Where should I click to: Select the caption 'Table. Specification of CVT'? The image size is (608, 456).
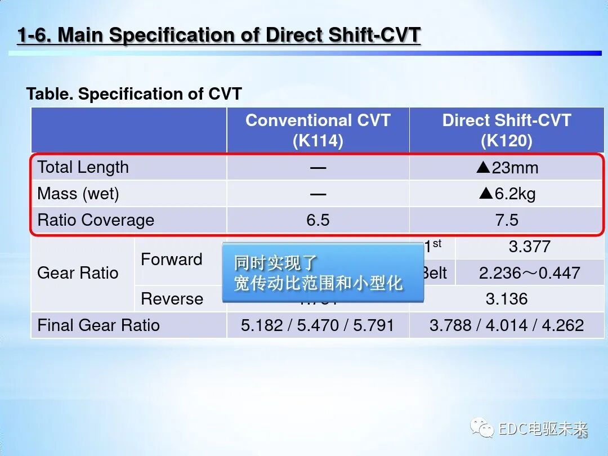134,94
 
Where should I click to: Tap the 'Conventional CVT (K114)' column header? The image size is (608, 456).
318,130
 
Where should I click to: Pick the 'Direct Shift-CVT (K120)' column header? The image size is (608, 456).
506,130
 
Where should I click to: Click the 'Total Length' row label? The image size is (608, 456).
83,167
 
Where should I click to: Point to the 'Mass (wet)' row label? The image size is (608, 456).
78,194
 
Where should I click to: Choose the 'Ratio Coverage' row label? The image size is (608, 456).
96,220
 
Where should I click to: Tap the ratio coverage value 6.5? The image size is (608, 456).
318,220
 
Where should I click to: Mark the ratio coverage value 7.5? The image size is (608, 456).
507,220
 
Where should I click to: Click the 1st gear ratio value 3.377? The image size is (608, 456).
529,247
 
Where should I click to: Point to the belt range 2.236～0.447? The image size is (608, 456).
529,273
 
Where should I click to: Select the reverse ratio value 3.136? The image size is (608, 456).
507,299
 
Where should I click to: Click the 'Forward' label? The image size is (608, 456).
171,260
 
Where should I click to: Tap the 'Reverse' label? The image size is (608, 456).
172,299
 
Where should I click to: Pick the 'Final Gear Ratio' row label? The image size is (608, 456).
99,325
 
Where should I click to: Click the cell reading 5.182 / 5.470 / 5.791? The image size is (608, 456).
318,325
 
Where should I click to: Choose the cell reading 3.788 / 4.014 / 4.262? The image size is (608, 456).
507,325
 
